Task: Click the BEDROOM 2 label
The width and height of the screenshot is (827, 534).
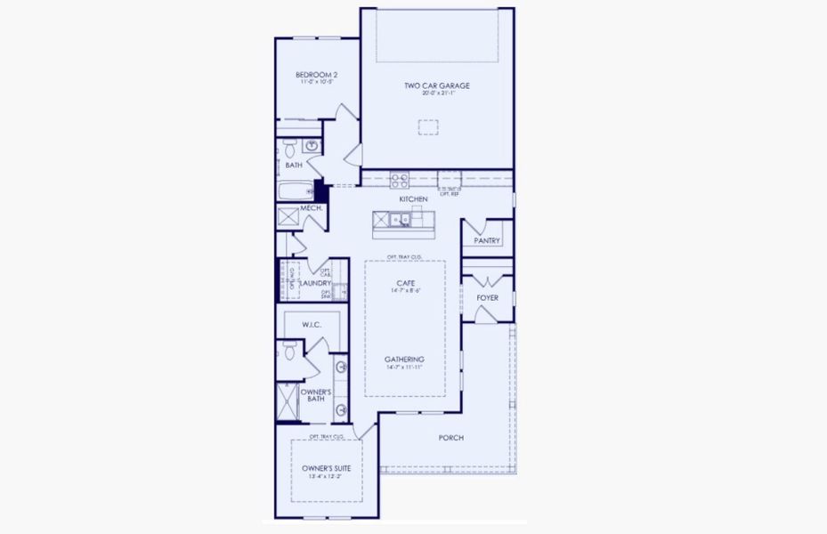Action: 316,75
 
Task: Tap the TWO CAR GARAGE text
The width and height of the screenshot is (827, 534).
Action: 436,85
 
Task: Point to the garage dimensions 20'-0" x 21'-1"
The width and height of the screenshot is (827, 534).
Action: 436,93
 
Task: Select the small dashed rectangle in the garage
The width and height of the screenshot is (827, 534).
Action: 428,127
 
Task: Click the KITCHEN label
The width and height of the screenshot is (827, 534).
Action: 413,198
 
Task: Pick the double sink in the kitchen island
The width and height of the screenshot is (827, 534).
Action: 398,218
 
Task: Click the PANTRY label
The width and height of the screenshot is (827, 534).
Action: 487,240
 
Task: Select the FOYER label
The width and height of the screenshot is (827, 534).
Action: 487,297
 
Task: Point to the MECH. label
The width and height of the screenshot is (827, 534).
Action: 311,208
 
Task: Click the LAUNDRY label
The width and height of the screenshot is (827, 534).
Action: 315,283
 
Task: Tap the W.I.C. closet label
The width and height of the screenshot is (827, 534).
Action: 312,325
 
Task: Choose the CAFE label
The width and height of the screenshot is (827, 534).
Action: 406,282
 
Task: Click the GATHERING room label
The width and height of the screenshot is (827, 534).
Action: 405,359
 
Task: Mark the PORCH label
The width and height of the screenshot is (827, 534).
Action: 451,437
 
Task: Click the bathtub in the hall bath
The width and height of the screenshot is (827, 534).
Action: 295,190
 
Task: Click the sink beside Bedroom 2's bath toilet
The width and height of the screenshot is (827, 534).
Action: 312,145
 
